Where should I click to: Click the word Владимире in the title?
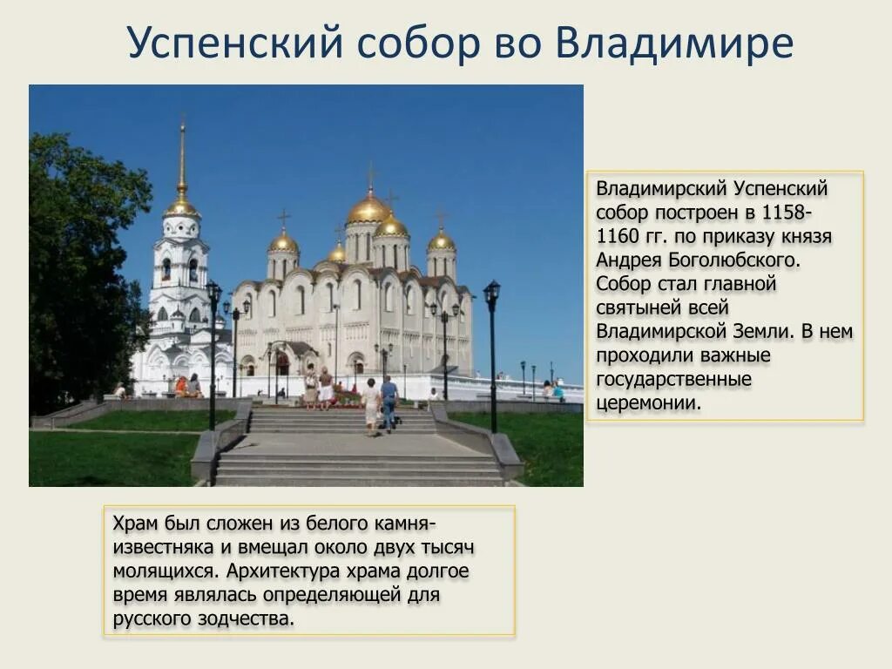673,43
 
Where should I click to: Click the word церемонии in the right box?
648,403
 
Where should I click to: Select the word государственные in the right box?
673,380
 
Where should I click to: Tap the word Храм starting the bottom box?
135,524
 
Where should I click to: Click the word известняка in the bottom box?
162,548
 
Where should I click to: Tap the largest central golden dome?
368,208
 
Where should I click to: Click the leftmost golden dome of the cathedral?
283,241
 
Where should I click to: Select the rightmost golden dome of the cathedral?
442,240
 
